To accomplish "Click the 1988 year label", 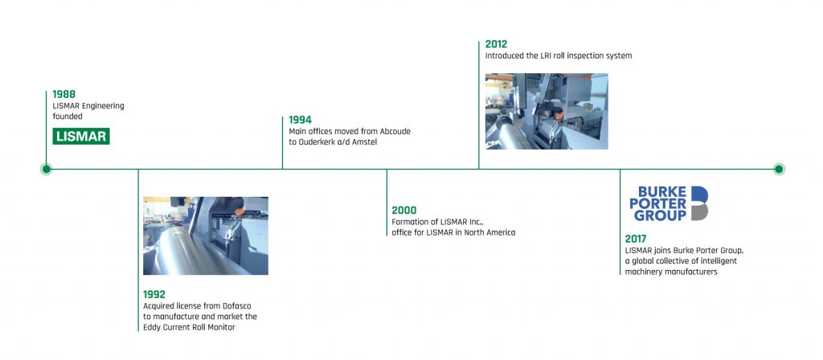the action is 64,95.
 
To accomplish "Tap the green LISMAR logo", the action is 81,137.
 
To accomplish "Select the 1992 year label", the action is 154,295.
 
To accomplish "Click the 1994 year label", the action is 301,121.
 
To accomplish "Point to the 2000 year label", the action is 404,211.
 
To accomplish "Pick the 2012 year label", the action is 496,44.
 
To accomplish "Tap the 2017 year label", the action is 636,239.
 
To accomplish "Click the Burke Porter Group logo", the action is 669,203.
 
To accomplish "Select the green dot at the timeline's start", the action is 46,169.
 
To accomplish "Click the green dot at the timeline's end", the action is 779,169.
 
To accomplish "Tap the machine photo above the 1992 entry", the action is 206,235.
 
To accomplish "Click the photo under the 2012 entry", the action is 547,111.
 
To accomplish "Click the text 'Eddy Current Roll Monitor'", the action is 190,328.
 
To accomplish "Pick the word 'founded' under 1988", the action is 68,117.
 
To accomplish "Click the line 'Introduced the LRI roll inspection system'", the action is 559,55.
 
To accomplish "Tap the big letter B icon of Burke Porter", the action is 699,203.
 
